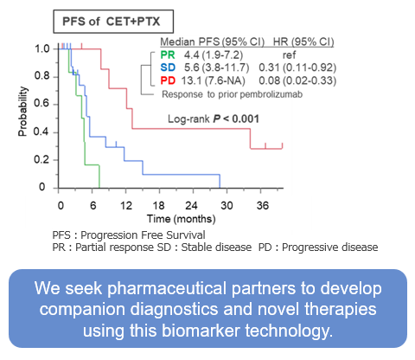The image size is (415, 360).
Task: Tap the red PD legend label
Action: (167, 81)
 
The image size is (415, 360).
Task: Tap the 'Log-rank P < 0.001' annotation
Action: (214, 119)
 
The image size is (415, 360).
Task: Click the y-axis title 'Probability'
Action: (23, 117)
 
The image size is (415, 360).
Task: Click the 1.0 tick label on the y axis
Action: (41, 48)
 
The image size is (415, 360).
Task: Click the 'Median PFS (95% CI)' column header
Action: (206, 40)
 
